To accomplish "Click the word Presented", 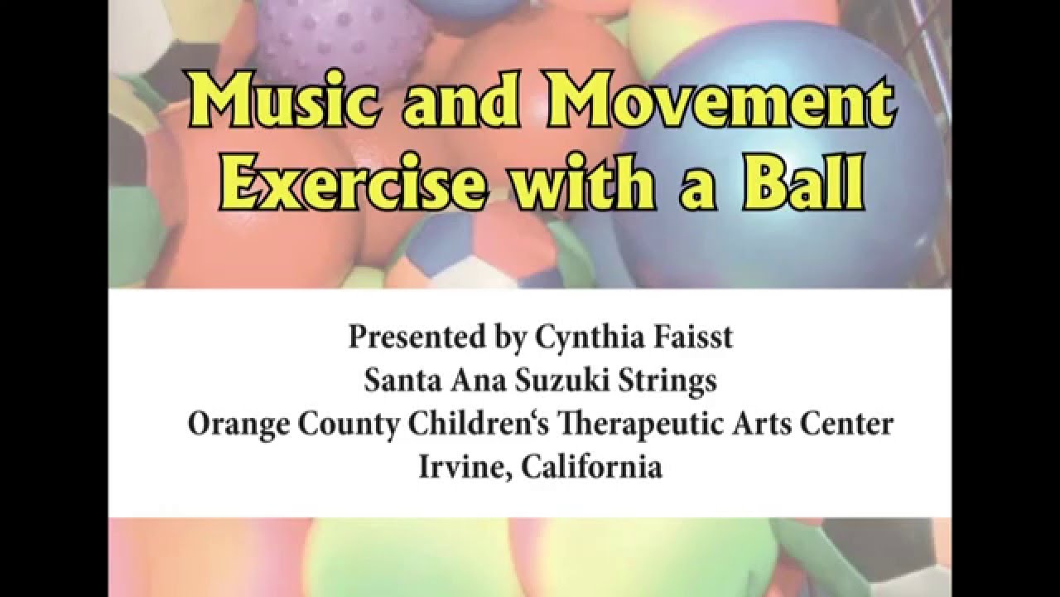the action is tap(417, 337).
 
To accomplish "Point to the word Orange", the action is tap(238, 425).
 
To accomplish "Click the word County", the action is tap(349, 425).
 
